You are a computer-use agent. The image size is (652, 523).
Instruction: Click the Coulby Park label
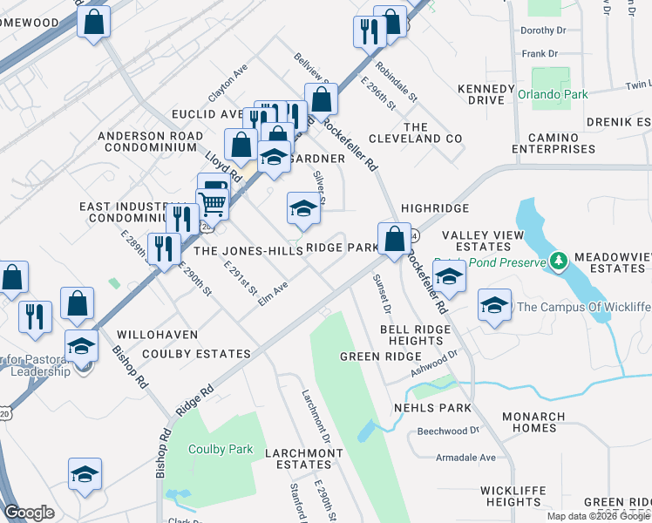(x=221, y=450)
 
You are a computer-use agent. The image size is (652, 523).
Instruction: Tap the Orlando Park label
(x=553, y=95)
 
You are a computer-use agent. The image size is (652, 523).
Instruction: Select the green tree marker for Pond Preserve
(x=558, y=261)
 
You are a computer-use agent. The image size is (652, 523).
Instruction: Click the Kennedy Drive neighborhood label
(x=486, y=95)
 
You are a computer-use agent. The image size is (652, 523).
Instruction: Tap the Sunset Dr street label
(x=382, y=295)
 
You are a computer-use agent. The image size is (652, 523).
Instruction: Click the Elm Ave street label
(x=274, y=294)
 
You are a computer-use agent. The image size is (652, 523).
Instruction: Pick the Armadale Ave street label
(x=465, y=458)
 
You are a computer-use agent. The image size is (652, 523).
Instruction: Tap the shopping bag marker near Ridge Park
(x=394, y=237)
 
